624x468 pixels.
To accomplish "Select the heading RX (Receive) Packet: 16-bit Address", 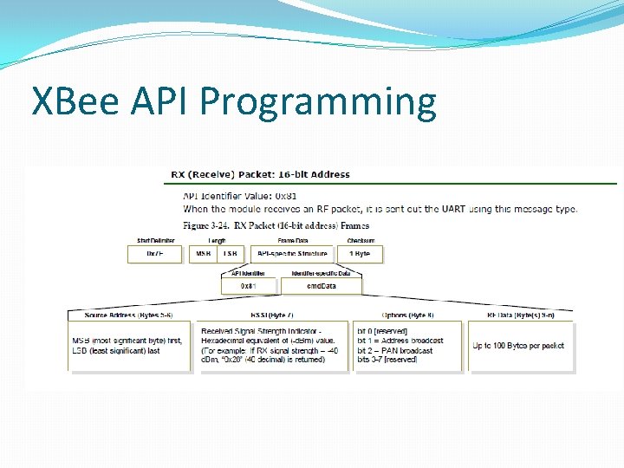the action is [260, 174].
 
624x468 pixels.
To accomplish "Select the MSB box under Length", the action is [204, 254].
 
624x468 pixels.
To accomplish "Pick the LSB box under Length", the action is [229, 254].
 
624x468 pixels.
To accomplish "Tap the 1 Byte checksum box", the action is [360, 254].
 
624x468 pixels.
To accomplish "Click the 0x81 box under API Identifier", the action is [248, 286].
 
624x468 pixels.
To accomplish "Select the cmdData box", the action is [321, 286].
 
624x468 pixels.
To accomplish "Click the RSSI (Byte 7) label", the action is [271, 315].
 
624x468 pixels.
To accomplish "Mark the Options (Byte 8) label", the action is [407, 315].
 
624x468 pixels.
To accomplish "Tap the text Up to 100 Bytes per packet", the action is [518, 346].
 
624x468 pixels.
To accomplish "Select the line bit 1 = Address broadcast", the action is [400, 341].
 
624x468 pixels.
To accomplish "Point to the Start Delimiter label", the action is [155, 241].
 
